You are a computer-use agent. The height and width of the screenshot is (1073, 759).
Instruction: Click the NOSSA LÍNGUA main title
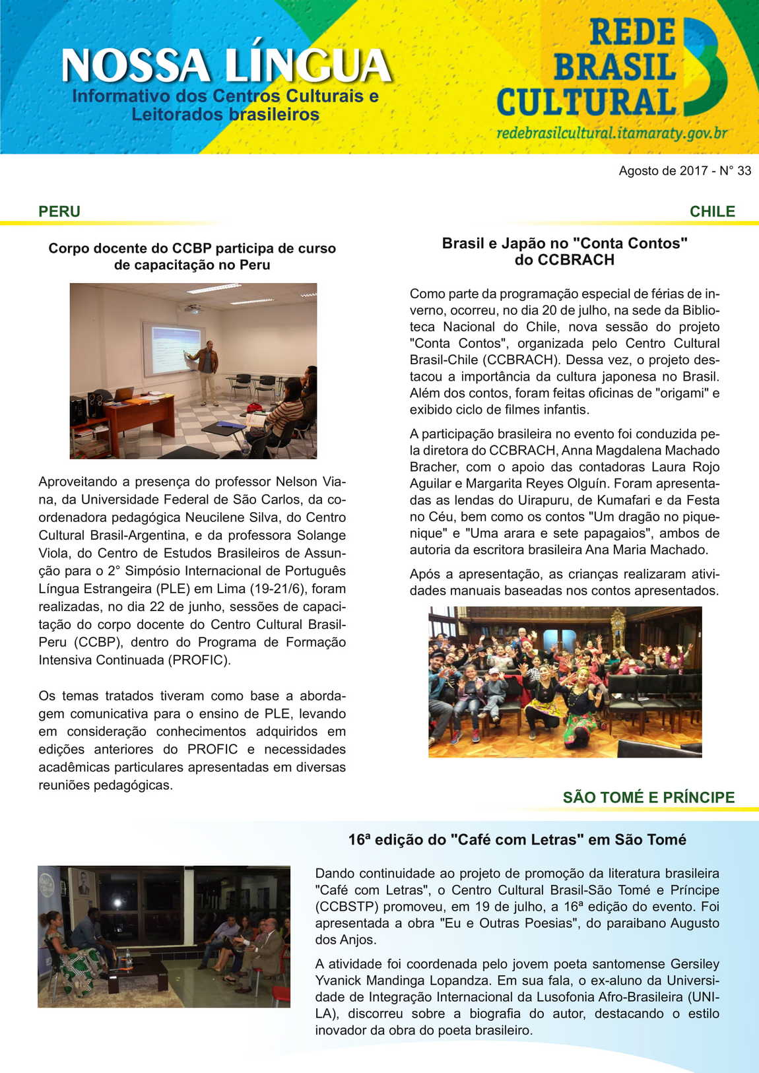pyautogui.click(x=226, y=66)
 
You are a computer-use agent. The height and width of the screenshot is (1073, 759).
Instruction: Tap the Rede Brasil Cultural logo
pyautogui.click(x=610, y=69)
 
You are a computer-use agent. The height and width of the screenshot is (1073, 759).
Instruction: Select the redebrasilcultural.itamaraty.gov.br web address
pyautogui.click(x=611, y=133)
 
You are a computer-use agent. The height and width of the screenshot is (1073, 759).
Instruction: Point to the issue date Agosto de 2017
pyautogui.click(x=663, y=171)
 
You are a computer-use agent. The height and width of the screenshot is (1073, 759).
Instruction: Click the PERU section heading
pyautogui.click(x=59, y=212)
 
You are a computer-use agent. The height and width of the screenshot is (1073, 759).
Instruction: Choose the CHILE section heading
pyautogui.click(x=712, y=212)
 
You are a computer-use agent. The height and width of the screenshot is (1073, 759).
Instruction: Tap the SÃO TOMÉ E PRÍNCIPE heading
pyautogui.click(x=648, y=797)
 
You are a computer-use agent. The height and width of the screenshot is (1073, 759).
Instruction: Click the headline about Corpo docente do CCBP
pyautogui.click(x=192, y=257)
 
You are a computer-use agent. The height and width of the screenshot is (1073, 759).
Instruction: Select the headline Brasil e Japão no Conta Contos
pyautogui.click(x=564, y=251)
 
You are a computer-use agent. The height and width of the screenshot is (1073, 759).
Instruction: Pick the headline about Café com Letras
pyautogui.click(x=517, y=840)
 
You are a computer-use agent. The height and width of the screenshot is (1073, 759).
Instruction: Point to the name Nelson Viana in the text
pyautogui.click(x=308, y=482)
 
